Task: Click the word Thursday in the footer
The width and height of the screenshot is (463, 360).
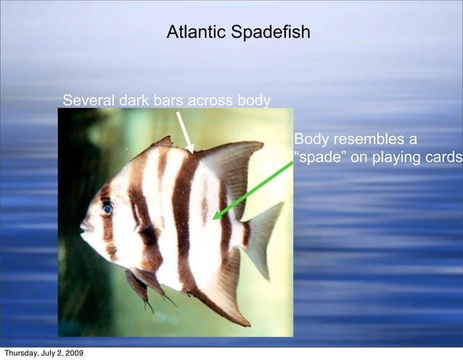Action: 22,353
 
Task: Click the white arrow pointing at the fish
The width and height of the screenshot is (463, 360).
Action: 185,131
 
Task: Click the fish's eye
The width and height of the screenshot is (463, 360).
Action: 107,209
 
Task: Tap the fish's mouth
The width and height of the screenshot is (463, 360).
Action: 86,227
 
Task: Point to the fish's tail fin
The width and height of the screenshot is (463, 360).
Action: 263,236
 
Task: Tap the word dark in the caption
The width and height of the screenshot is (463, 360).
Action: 134,100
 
